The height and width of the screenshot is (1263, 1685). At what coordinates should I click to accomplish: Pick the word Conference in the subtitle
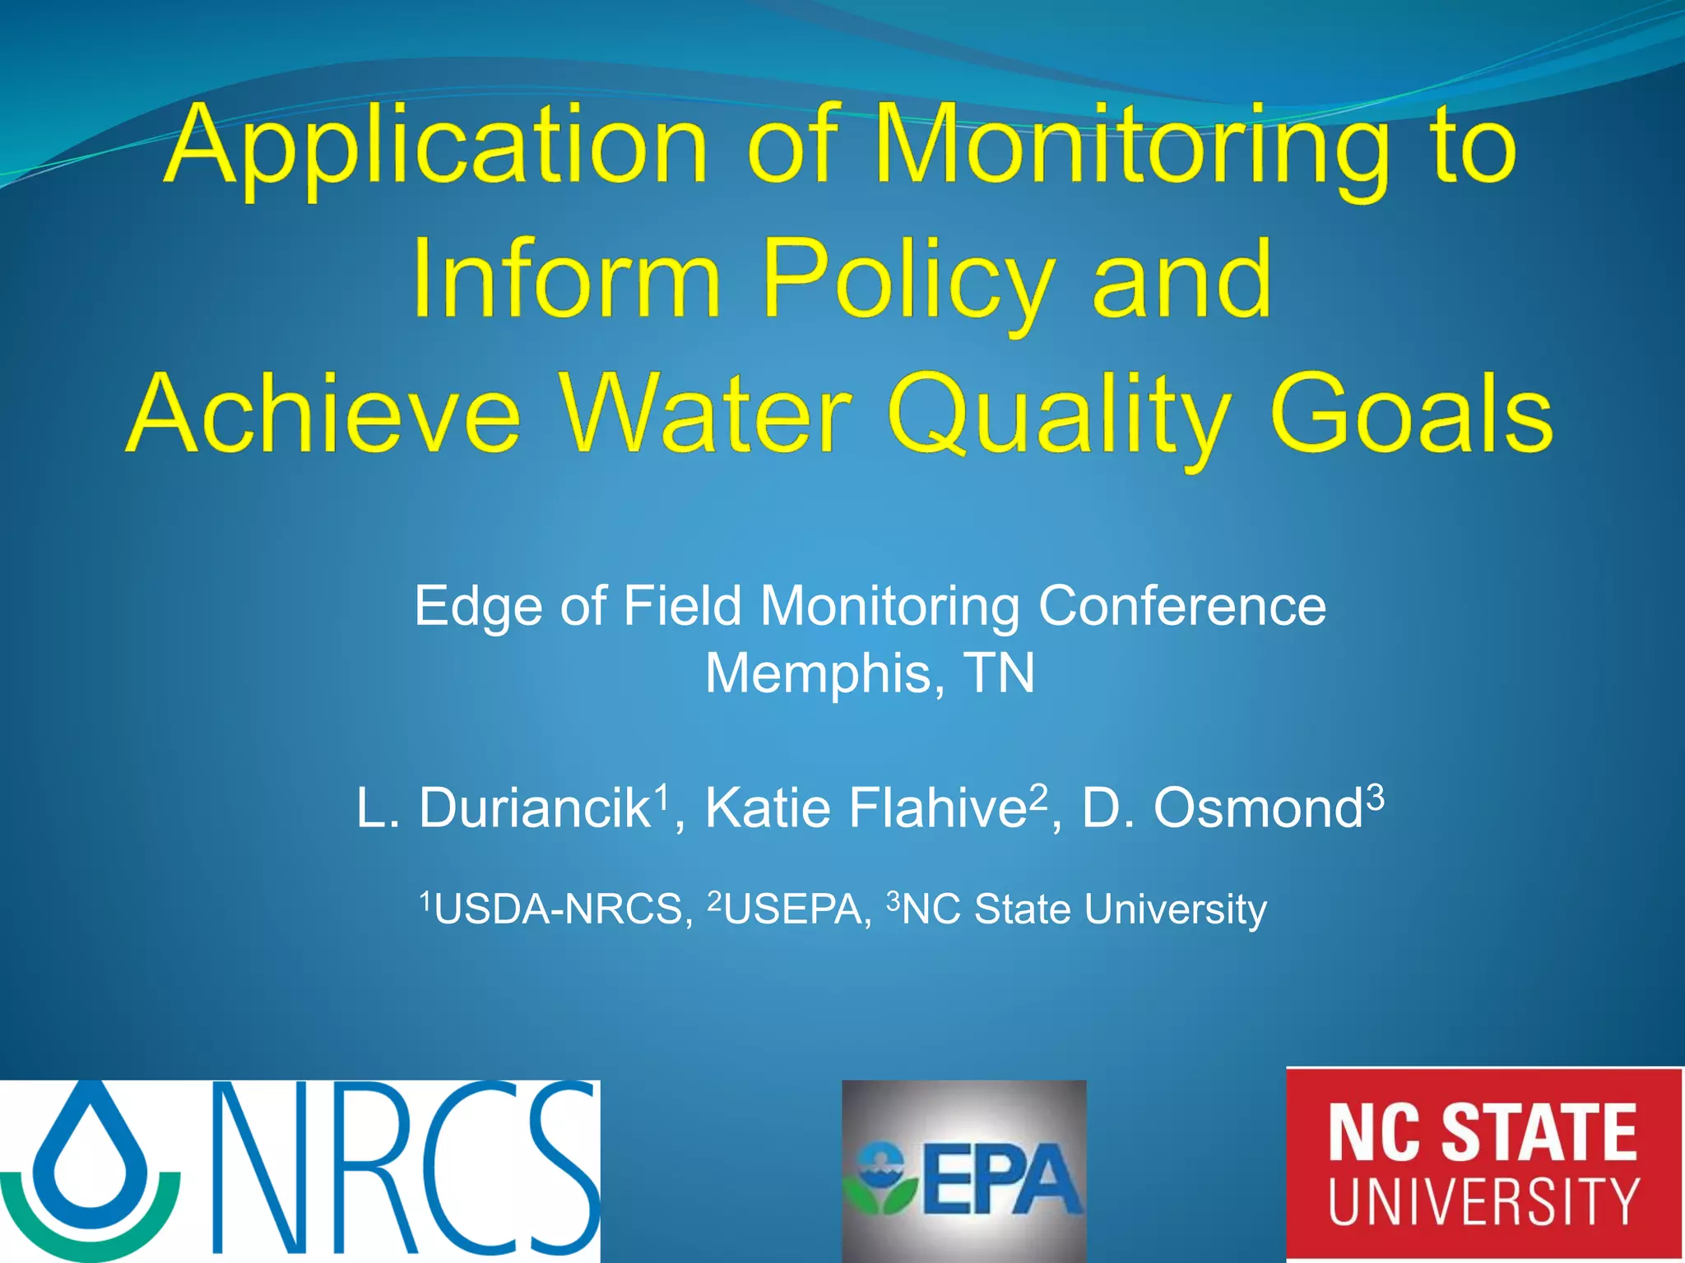point(1181,607)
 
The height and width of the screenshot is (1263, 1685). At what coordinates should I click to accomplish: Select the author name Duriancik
point(535,808)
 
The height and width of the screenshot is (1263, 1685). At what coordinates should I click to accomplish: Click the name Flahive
point(936,808)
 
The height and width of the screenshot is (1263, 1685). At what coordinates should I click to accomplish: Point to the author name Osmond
point(1257,808)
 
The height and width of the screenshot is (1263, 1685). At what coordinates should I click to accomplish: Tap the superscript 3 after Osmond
point(1375,796)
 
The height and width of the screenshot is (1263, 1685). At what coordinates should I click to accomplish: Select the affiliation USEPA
point(792,910)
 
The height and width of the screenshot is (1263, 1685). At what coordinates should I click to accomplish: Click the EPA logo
point(963,1172)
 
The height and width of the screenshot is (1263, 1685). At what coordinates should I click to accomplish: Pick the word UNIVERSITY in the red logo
point(1483,1202)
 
